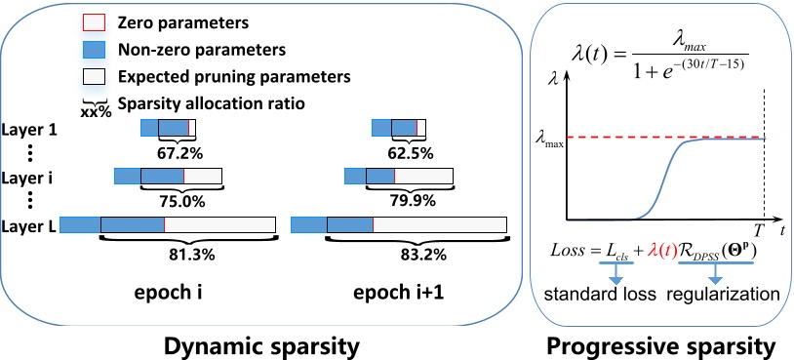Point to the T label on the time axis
tap(759, 226)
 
